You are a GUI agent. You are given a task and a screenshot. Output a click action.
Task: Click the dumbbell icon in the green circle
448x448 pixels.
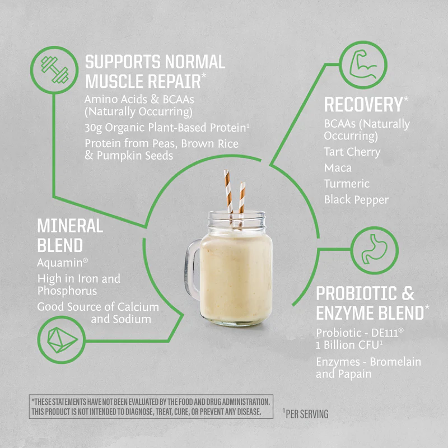[x=54, y=70]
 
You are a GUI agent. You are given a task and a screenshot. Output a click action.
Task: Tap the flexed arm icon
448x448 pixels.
[x=363, y=64]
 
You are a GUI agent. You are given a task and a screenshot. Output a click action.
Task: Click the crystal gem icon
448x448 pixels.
[x=62, y=340]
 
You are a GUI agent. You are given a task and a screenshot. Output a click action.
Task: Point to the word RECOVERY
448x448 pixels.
[x=363, y=104]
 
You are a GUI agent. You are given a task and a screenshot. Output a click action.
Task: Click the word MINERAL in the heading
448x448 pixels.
[x=70, y=226]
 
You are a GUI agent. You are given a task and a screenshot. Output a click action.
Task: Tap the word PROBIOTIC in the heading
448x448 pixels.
[x=357, y=293]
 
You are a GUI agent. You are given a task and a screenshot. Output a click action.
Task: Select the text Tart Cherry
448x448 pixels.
[x=352, y=152]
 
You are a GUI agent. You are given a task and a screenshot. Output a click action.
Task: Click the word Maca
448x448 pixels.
[x=338, y=167]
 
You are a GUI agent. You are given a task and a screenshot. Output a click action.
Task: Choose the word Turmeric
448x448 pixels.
[x=347, y=184]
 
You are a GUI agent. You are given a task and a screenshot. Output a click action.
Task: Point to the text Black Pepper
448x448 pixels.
[x=356, y=200]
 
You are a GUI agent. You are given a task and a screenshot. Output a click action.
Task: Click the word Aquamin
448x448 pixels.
[x=60, y=263]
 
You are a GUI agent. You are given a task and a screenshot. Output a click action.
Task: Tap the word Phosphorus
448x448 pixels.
[x=67, y=291]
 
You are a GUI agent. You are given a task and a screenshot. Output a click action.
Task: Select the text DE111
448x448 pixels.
[x=385, y=333]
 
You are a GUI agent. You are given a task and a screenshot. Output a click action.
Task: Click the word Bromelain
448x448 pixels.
[x=395, y=362]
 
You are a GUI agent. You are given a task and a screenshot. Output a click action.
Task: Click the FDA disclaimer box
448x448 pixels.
[x=151, y=407]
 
